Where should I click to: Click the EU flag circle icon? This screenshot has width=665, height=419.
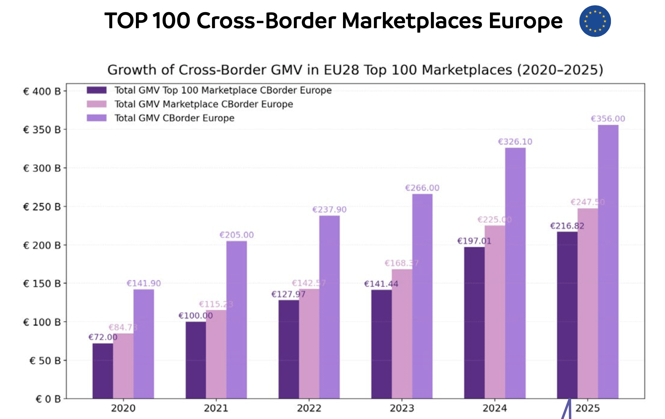[x=595, y=21]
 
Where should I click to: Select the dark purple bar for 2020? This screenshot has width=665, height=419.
[x=102, y=371]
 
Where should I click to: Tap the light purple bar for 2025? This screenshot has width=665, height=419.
[x=608, y=261]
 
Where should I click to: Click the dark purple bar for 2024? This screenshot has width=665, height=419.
[x=474, y=323]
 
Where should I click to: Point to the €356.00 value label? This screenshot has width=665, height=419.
[x=608, y=119]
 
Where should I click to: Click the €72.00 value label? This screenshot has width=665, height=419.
[x=102, y=337]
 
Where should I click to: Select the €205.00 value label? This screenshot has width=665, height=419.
[x=237, y=235]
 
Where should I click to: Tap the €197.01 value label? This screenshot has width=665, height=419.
[x=474, y=241]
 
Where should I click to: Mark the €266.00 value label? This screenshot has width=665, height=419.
[x=422, y=188]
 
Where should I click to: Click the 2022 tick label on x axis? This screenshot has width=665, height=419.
[x=309, y=408]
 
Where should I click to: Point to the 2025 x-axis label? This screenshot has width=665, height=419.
[x=587, y=408]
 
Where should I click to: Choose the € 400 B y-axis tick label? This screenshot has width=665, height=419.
[x=42, y=92]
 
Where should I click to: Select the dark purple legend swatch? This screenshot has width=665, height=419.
[x=96, y=90]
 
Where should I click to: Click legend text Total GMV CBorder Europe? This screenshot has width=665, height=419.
[x=174, y=118]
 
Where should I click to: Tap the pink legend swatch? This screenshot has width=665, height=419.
[x=96, y=104]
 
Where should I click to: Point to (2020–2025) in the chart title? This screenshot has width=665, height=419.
[x=560, y=70]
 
